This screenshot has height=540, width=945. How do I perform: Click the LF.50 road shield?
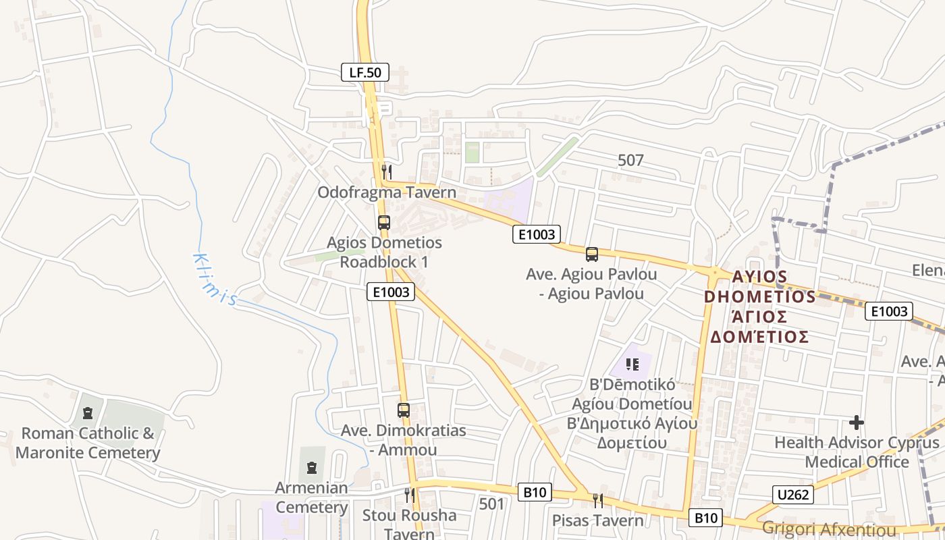click(x=365, y=72)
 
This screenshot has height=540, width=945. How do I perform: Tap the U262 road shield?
click(x=793, y=495)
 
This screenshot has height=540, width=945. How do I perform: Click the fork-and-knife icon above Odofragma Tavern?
click(x=386, y=171)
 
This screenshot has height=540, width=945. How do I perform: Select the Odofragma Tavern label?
click(x=387, y=192)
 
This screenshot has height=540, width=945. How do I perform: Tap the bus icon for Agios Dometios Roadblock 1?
click(x=384, y=222)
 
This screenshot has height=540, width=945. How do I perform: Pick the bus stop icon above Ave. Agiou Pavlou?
click(x=592, y=254)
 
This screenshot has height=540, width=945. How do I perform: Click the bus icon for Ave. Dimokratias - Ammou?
click(x=404, y=410)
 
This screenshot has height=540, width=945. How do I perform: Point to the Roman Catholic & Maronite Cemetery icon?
click(x=87, y=412)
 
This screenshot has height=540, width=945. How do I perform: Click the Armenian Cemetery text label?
click(x=311, y=497)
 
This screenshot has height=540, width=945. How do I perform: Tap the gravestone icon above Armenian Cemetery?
click(x=312, y=467)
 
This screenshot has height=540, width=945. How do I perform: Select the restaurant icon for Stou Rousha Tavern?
click(x=410, y=495)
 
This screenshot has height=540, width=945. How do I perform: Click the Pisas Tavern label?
click(x=598, y=520)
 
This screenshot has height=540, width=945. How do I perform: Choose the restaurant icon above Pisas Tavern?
click(x=598, y=500)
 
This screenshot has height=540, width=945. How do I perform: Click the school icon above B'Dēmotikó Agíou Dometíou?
click(x=632, y=364)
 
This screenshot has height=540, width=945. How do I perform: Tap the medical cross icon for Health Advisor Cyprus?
click(x=857, y=423)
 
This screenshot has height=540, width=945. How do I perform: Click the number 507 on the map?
click(x=630, y=161)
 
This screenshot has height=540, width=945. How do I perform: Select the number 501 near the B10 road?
click(x=491, y=504)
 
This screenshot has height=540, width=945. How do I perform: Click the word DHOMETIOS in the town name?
click(x=760, y=297)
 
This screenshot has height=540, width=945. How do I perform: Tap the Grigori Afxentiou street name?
click(x=829, y=529)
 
